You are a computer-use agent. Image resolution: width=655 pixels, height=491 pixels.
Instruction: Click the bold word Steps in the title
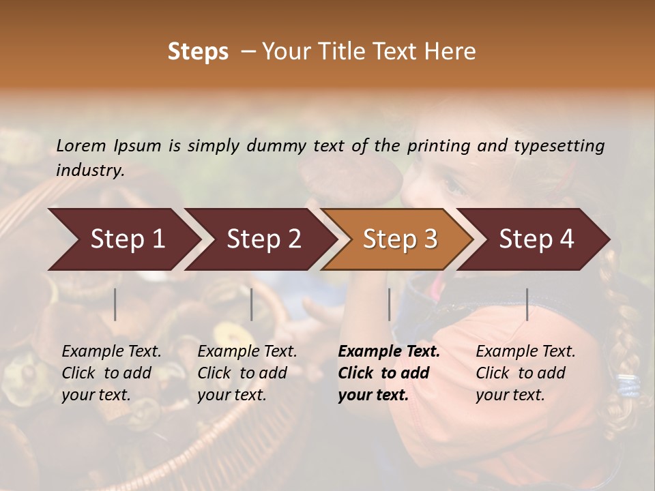tap(198, 52)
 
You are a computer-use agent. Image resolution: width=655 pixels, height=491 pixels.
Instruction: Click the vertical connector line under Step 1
tap(115, 304)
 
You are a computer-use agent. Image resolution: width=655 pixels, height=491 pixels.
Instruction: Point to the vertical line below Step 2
tap(252, 304)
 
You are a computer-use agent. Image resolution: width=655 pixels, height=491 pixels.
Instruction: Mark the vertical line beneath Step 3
tap(389, 304)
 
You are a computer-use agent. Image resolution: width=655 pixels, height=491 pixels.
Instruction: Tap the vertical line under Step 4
tap(527, 304)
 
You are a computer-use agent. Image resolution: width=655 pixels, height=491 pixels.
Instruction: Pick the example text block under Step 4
tap(525, 373)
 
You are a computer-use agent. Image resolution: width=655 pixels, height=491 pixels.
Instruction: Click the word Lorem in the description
tap(81, 145)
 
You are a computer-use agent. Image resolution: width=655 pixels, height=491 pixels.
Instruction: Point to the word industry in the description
tap(90, 170)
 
